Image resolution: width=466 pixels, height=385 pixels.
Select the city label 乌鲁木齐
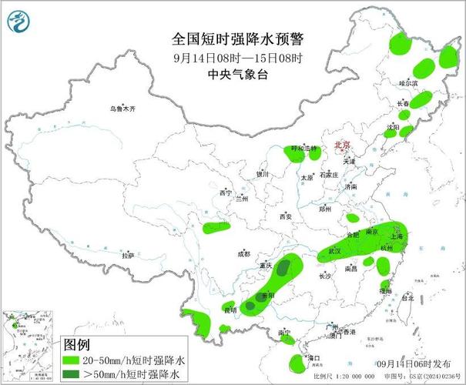(122, 109)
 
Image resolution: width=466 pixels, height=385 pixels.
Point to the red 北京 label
(342, 145)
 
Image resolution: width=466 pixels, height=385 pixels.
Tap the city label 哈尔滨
(407, 82)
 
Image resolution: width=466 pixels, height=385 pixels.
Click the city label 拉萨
(128, 255)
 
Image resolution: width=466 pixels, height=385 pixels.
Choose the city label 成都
(243, 253)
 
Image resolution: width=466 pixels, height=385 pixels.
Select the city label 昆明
(230, 310)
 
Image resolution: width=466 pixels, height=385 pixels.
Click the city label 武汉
(334, 251)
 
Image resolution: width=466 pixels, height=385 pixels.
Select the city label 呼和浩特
(303, 148)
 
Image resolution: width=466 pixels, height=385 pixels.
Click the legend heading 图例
(77, 343)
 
